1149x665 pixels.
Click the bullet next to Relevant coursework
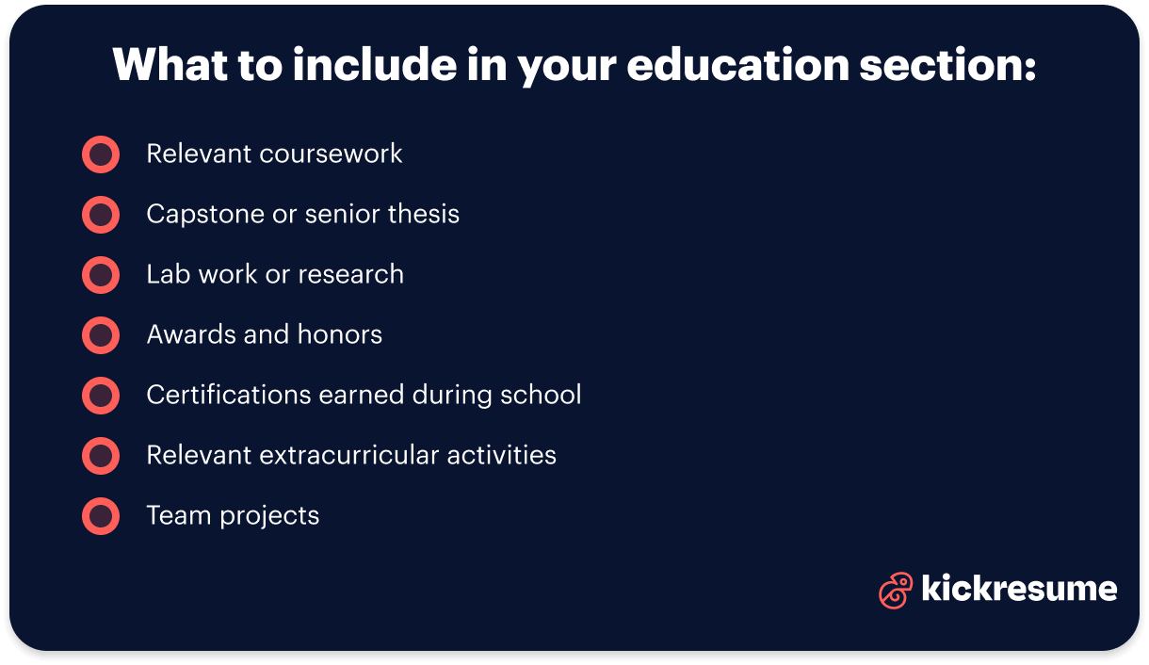pyautogui.click(x=101, y=154)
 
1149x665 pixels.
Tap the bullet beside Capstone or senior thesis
pyautogui.click(x=101, y=215)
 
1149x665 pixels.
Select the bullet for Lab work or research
pyautogui.click(x=101, y=275)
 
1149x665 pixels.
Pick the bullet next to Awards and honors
pyautogui.click(x=101, y=335)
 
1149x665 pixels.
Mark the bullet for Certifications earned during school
pyautogui.click(x=101, y=396)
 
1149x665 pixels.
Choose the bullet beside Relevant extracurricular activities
pyautogui.click(x=101, y=456)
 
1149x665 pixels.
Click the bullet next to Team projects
pyautogui.click(x=101, y=516)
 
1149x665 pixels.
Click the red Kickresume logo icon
pyautogui.click(x=895, y=591)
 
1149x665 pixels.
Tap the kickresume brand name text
pyautogui.click(x=1019, y=589)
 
